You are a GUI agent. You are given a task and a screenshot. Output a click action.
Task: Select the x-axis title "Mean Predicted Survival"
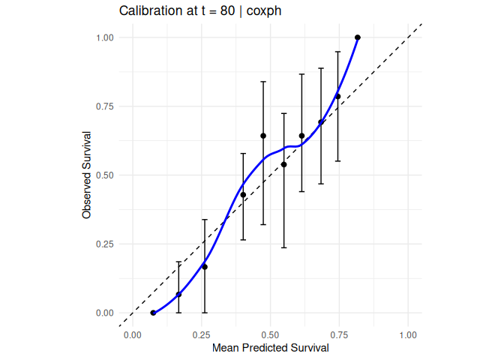(x=271, y=348)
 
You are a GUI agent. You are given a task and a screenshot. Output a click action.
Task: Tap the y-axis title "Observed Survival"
(x=87, y=175)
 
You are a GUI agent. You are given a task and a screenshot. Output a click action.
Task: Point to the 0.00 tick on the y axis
(x=104, y=313)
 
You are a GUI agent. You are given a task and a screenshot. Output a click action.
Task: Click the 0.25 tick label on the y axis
(x=104, y=244)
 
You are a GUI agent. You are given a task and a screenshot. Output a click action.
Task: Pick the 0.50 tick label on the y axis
(x=104, y=175)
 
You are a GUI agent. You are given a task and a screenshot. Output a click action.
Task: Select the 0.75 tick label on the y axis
(x=104, y=106)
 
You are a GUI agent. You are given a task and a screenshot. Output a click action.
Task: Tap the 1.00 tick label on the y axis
(x=104, y=37)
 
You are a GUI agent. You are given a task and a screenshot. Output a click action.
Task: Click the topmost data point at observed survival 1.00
(x=358, y=37)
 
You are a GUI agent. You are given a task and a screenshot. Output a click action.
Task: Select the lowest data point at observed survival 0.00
(x=153, y=313)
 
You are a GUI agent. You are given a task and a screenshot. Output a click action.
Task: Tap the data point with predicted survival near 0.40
(x=243, y=195)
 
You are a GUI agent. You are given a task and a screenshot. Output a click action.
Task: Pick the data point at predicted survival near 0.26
(x=205, y=267)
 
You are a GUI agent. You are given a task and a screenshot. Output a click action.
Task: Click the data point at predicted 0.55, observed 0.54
(x=283, y=164)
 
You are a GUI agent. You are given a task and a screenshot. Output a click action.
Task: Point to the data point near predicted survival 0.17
(x=178, y=294)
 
